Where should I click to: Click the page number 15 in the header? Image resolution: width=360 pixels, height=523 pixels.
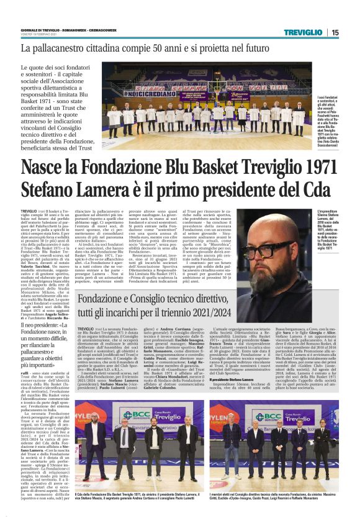click(x=335, y=32)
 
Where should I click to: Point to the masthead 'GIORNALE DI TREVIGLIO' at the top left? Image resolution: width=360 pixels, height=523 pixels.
click(x=38, y=28)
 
